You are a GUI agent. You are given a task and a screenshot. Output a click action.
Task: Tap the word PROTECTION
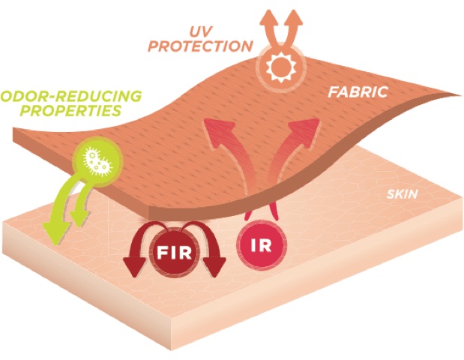pyautogui.click(x=200, y=46)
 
